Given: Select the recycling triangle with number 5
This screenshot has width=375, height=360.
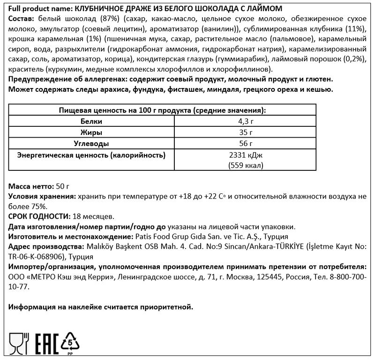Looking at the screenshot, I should tap(71, 343).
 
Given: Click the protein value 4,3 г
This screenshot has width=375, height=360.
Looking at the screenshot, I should tap(246, 121).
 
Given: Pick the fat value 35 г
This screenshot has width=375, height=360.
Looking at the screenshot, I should tap(246, 132).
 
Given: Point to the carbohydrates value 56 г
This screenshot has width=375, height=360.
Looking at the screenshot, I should tap(246, 143).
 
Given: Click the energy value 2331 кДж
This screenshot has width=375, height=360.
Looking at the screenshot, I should tap(246, 155).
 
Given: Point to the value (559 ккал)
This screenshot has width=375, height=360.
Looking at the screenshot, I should tap(246, 165).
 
